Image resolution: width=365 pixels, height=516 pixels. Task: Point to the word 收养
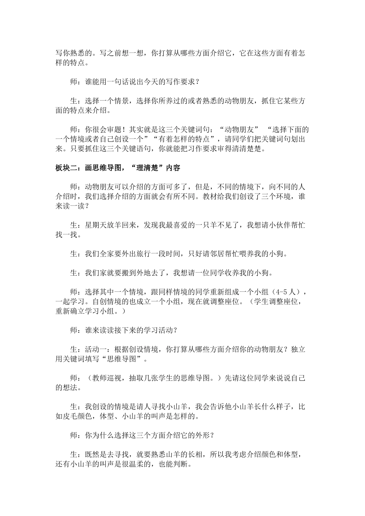pyautogui.click(x=236, y=273)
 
